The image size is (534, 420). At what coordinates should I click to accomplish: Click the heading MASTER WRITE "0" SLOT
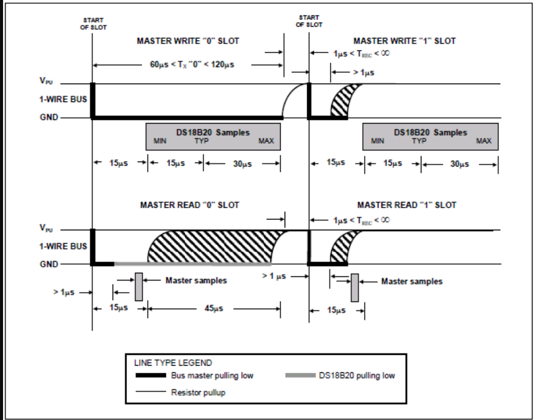(x=187, y=41)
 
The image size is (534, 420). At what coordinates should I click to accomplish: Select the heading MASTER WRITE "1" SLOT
(x=404, y=41)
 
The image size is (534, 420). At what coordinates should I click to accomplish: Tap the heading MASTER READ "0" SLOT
(x=189, y=205)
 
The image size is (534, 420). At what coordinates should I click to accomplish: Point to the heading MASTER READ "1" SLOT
(x=407, y=205)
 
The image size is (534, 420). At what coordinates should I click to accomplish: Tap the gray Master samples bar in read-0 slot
(x=139, y=287)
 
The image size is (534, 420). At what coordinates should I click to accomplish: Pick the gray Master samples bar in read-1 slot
(x=354, y=288)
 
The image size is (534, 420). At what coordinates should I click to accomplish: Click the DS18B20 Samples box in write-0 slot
(x=213, y=136)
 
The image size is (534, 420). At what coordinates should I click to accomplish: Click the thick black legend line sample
(x=151, y=376)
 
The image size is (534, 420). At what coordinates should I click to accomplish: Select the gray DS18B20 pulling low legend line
(x=300, y=376)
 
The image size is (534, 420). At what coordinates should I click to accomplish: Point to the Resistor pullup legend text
(x=199, y=393)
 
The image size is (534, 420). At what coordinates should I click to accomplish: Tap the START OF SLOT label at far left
(x=93, y=24)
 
